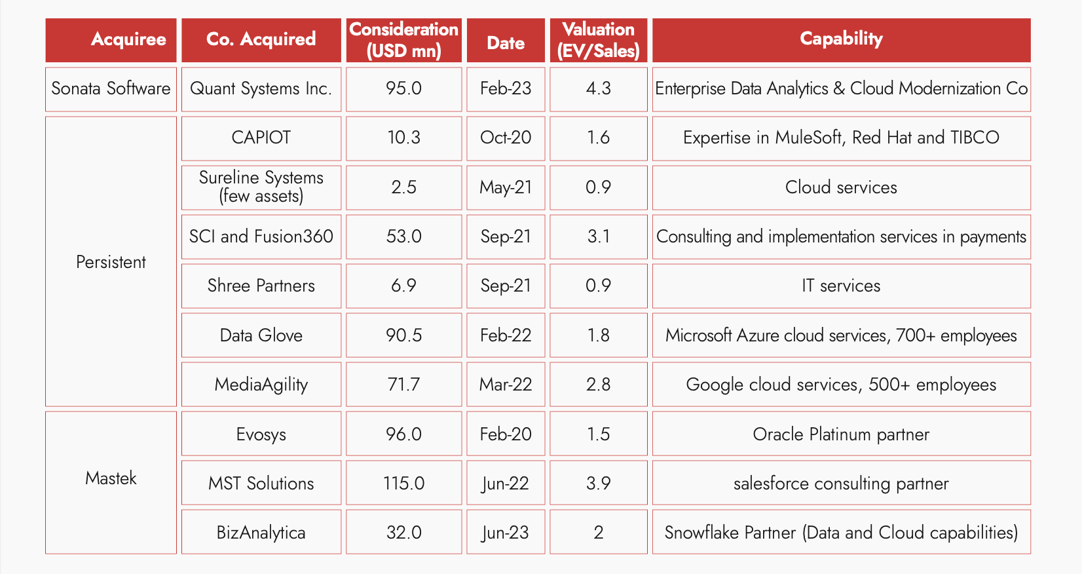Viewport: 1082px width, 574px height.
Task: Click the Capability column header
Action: tap(841, 39)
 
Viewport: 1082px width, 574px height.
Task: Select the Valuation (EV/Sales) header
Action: tap(598, 40)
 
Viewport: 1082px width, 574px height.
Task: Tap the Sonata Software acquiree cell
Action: tap(111, 88)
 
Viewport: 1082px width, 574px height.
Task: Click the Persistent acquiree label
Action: tap(111, 262)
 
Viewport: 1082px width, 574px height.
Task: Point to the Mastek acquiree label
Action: tap(111, 478)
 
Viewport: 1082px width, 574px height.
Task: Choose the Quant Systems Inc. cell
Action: tap(261, 88)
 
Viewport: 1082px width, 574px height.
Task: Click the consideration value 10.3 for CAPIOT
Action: tap(403, 138)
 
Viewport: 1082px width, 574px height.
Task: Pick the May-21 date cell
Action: tap(506, 187)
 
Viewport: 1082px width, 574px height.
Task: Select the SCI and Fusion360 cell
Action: tap(261, 237)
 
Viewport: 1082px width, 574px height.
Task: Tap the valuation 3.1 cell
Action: tap(598, 237)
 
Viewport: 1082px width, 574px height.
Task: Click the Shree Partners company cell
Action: tap(261, 286)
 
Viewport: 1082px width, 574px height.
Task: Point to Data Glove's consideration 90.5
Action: tap(403, 335)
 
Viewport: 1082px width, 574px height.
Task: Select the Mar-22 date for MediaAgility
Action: tap(506, 385)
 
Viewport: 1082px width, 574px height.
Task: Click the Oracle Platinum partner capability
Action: tap(841, 434)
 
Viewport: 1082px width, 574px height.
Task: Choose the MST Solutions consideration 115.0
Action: tap(403, 484)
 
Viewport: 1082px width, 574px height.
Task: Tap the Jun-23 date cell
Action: tap(506, 533)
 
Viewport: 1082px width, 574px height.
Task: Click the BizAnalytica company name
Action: tap(261, 533)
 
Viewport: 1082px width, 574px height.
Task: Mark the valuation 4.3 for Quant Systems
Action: tap(598, 88)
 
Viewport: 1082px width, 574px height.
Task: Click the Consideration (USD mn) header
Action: tap(403, 40)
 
